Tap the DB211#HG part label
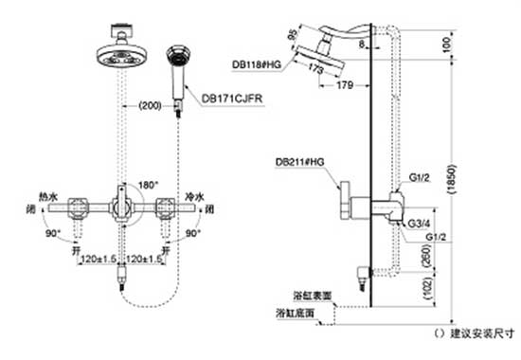(x=299, y=162)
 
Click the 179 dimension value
(x=345, y=86)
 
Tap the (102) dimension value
(x=427, y=289)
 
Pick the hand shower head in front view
(x=176, y=58)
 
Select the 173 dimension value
(x=313, y=70)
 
